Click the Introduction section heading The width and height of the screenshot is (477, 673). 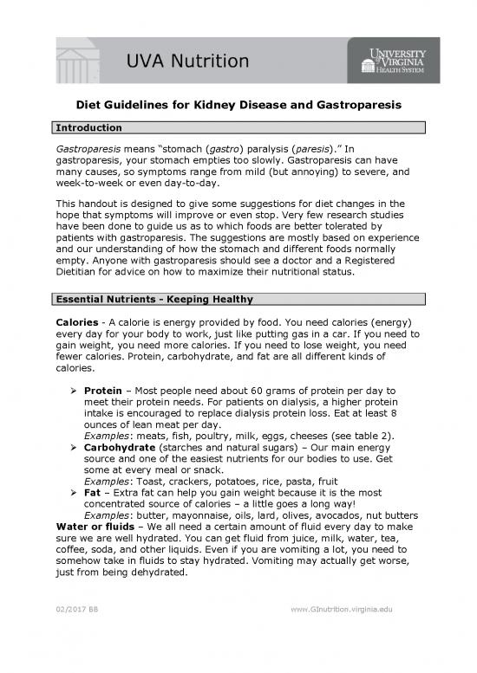88,128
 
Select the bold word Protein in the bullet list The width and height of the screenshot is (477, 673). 102,390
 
